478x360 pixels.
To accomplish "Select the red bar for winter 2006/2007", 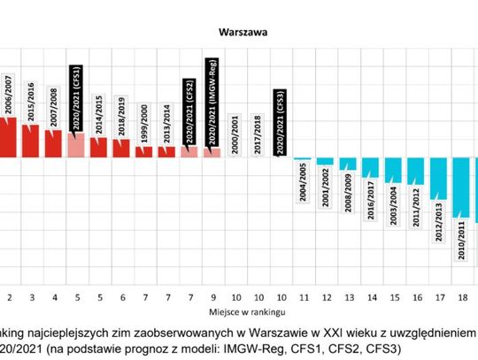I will point(9,136).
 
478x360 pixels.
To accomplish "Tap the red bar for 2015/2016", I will point(32,142).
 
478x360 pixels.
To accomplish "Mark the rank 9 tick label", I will point(212,298).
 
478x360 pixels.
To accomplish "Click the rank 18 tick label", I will point(460,298).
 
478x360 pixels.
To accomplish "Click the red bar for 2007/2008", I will point(54,144).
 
